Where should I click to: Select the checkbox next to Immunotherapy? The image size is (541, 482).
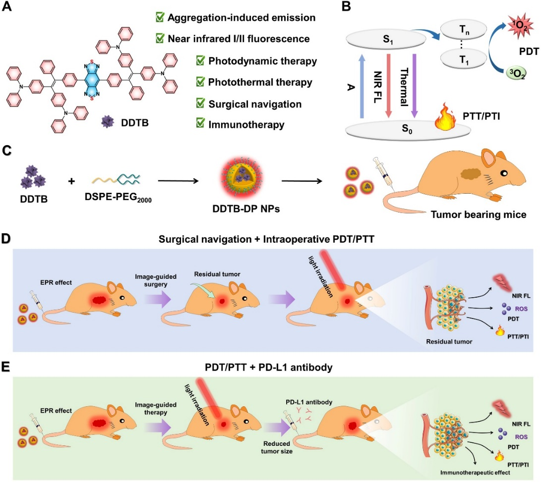[x=200, y=124]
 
